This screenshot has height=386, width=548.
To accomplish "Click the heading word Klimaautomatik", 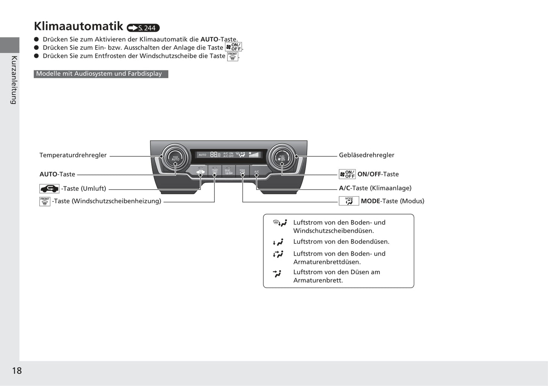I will [x=79, y=26].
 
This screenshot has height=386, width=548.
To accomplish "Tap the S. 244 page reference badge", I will [x=143, y=28].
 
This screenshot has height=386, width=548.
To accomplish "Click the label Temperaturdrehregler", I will [x=73, y=155].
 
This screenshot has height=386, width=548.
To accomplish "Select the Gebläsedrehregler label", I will [x=366, y=155].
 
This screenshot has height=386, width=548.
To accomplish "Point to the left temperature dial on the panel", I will [x=175, y=157].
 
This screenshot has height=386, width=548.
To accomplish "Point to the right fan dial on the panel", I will [x=282, y=157].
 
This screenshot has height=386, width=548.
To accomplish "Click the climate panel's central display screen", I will [x=229, y=155].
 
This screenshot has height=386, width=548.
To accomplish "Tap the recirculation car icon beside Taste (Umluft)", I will [x=49, y=189].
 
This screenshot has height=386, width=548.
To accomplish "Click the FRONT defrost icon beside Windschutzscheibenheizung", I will [x=45, y=201].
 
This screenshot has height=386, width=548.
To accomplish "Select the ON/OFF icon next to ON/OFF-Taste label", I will [x=347, y=174].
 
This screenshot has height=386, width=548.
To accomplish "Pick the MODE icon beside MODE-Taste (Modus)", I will [x=349, y=201].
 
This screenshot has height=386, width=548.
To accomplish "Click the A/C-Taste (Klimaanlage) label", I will [x=375, y=188].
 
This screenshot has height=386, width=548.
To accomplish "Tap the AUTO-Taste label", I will [x=57, y=174].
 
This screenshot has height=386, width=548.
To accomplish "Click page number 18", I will [x=17, y=370].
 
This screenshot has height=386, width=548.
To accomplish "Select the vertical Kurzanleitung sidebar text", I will [x=14, y=80].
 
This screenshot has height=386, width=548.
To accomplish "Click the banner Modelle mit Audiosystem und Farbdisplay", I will [x=100, y=74].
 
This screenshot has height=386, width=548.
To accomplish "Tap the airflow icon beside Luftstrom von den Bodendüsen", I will [x=278, y=242].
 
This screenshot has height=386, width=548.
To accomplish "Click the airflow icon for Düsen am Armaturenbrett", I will [x=277, y=273].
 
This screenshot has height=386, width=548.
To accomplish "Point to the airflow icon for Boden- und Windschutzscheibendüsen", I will [x=280, y=223].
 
